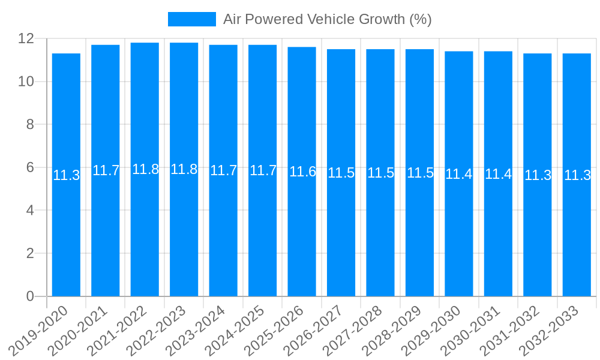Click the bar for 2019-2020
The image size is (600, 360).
66,240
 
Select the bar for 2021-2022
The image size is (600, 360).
145,240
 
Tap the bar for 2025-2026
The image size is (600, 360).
302,240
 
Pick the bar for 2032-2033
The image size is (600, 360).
577,240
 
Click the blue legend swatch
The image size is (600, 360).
191,19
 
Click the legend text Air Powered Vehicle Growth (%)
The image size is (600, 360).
327,19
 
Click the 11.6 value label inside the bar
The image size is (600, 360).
302,172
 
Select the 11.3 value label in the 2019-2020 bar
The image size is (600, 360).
66,175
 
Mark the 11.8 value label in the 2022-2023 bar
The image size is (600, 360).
184,169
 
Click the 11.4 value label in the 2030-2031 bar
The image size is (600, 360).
498,174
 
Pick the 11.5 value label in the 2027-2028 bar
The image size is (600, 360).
380,173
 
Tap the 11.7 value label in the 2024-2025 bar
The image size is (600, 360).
263,170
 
